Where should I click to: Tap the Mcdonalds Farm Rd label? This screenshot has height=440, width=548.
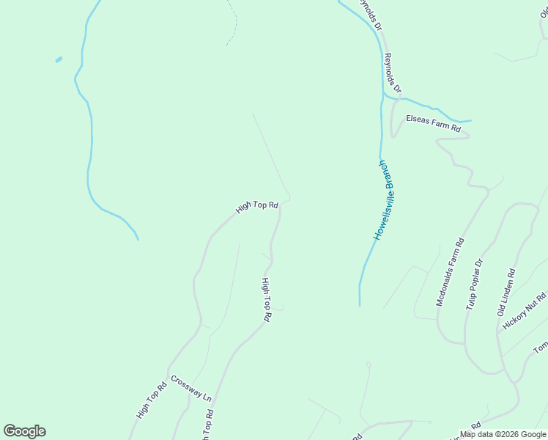click(x=450, y=271)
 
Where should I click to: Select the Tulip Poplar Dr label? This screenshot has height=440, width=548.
click(x=475, y=284)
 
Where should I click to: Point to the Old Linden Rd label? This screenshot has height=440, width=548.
click(x=506, y=292)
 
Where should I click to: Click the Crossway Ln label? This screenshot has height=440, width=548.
click(x=190, y=388)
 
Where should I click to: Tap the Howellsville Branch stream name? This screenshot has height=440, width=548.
click(x=385, y=200)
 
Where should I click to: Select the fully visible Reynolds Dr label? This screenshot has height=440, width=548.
click(x=393, y=72)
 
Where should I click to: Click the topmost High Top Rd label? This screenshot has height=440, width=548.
click(x=257, y=208)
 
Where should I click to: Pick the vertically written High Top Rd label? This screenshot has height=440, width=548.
click(x=267, y=300)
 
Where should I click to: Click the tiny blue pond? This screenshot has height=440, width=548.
click(x=58, y=59)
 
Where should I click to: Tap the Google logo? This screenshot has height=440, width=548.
click(x=24, y=431)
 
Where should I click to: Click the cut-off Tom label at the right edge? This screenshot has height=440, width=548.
click(x=541, y=347)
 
